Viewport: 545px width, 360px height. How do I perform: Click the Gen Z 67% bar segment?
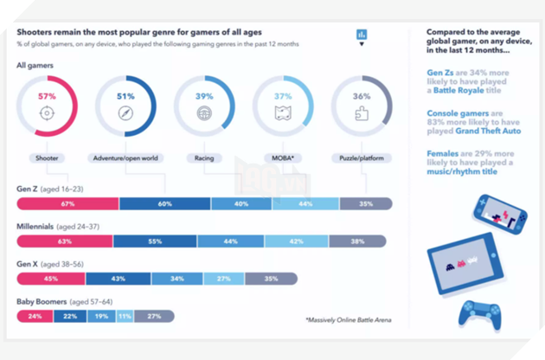click(x=67, y=203)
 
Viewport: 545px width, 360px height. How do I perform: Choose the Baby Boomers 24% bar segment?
click(x=35, y=317)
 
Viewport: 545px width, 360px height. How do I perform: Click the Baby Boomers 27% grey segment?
click(x=154, y=317)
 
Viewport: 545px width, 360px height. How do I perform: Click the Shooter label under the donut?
click(x=48, y=158)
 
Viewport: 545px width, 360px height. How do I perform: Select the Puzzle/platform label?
click(x=362, y=158)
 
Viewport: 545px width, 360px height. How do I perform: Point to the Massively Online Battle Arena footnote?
click(x=348, y=320)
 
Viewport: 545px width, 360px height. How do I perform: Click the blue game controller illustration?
click(x=479, y=315)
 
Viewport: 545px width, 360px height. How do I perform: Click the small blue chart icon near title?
click(x=361, y=35)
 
